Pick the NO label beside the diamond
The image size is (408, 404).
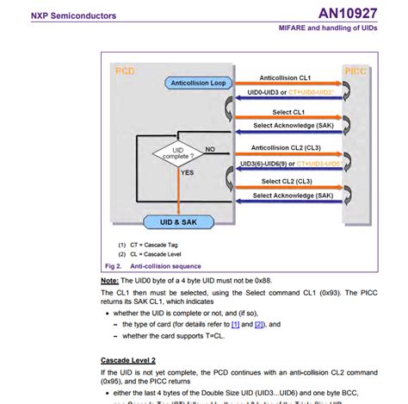pos(209,149)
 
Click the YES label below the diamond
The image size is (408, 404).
pos(187,172)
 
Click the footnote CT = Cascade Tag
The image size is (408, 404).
pos(153,246)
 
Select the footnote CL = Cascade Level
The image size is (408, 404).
pos(155,254)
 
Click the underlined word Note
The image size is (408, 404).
pos(110,282)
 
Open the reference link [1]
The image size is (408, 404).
pos(234,325)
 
